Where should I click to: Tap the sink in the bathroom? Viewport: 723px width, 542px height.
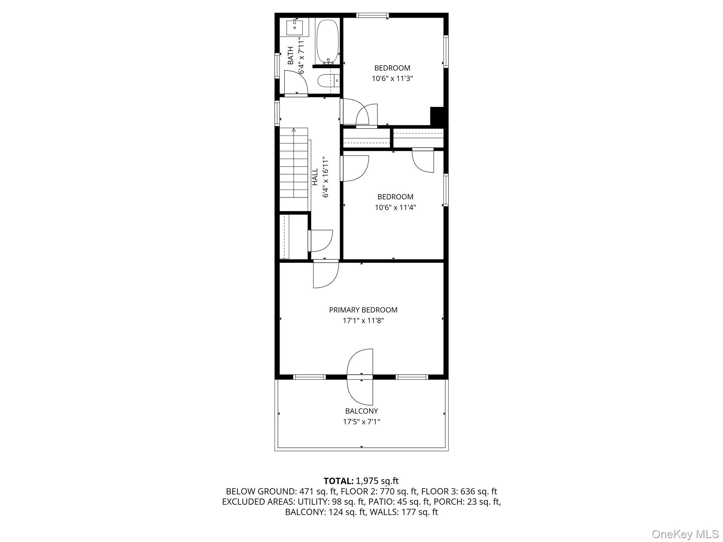click(x=294, y=27)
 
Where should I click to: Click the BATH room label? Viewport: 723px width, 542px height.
click(x=291, y=56)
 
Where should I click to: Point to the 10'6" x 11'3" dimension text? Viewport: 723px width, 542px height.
click(x=392, y=78)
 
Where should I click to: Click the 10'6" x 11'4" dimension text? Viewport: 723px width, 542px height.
click(x=395, y=207)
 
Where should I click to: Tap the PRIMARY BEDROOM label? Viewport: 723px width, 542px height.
click(x=363, y=310)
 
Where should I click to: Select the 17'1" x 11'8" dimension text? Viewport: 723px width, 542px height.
click(x=363, y=321)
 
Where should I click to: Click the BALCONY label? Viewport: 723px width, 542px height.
click(x=361, y=411)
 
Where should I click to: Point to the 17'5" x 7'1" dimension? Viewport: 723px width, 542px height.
click(x=361, y=422)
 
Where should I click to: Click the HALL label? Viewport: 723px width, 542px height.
click(x=315, y=176)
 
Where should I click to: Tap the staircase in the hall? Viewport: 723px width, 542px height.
click(x=294, y=169)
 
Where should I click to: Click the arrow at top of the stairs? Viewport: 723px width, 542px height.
click(x=294, y=130)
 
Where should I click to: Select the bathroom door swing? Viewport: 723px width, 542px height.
click(x=296, y=83)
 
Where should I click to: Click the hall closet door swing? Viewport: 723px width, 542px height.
click(x=321, y=241)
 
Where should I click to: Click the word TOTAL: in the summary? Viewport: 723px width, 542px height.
click(x=339, y=481)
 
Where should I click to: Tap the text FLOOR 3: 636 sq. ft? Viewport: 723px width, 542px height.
click(x=459, y=491)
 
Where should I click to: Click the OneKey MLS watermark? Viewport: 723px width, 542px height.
click(x=685, y=534)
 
